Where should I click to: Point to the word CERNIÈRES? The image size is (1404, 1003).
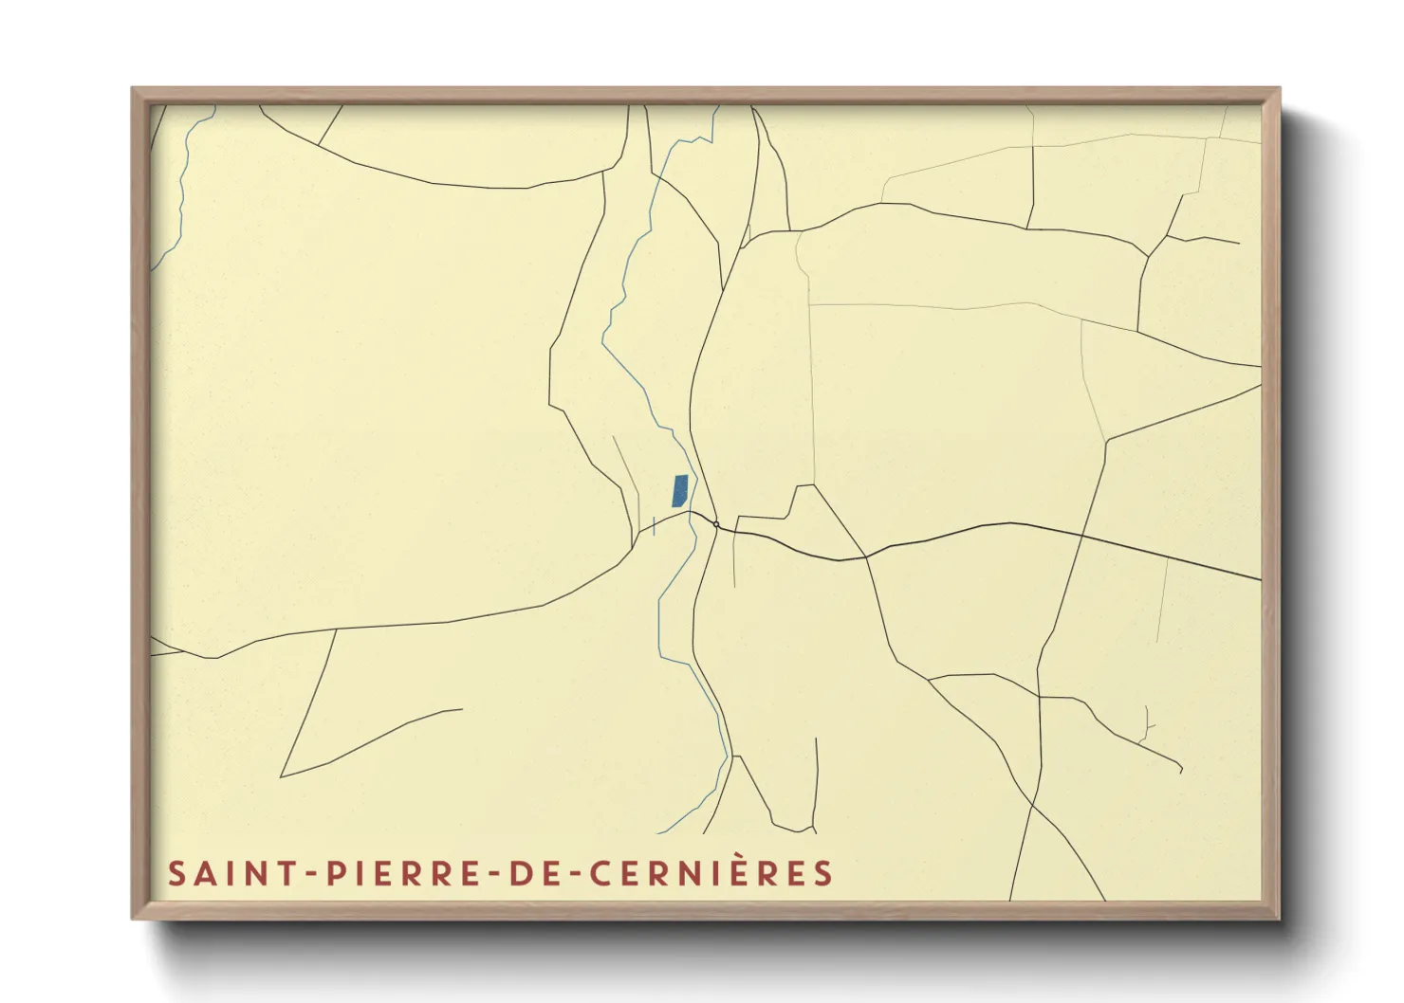click(711, 873)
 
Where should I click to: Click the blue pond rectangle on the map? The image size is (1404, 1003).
click(679, 490)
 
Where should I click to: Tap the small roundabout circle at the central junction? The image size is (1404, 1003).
click(716, 524)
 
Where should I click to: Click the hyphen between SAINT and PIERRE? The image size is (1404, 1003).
click(311, 874)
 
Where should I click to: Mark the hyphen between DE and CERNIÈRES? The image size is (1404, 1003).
click(577, 874)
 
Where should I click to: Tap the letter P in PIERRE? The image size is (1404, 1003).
click(336, 873)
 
